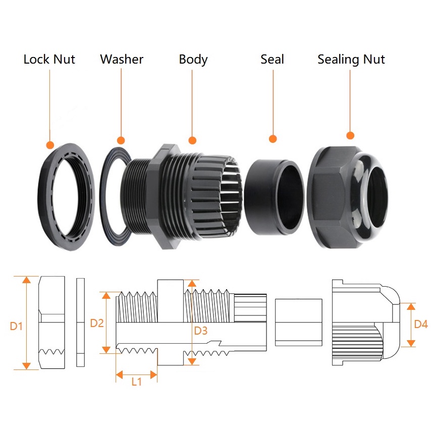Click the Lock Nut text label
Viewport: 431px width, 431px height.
[49, 59]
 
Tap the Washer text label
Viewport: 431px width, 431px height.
[122, 59]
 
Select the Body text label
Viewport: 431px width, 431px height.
[193, 60]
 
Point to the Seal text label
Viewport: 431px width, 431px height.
[272, 59]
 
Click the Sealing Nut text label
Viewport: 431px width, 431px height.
[351, 60]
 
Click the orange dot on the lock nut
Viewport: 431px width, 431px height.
[50, 145]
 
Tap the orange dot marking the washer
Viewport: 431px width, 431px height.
[121, 140]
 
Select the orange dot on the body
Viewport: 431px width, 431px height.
[192, 140]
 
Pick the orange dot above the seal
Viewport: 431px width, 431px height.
[273, 139]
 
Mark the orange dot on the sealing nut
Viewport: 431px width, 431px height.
[350, 135]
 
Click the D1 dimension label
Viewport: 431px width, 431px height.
[16, 326]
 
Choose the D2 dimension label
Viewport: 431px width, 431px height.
[97, 323]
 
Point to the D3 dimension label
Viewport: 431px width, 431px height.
[201, 331]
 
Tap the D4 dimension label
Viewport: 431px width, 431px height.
[421, 324]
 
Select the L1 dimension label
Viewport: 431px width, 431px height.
[136, 382]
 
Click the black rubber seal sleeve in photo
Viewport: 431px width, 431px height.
[274, 197]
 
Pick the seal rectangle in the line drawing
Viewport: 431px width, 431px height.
[298, 322]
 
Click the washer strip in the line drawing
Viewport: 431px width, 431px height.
[80, 322]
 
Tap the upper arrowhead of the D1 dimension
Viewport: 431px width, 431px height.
[26, 280]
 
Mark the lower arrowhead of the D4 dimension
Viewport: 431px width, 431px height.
[411, 343]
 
